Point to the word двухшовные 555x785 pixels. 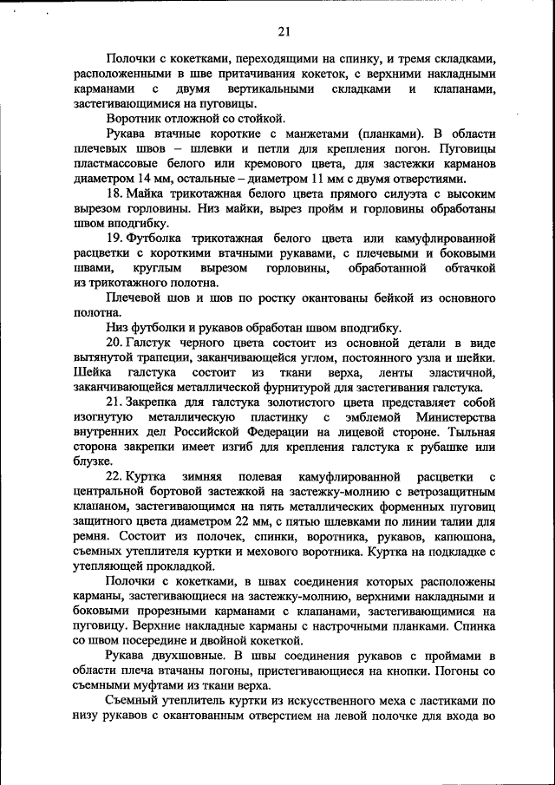coord(193,656)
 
